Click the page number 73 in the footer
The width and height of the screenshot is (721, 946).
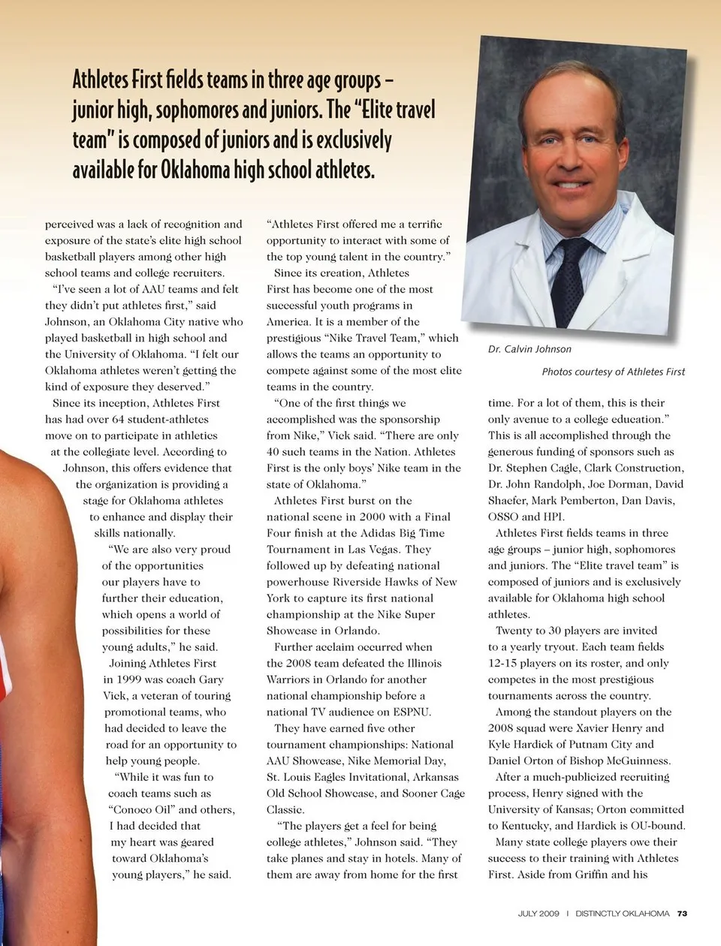click(682, 914)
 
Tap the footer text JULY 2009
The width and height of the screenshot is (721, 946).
click(538, 914)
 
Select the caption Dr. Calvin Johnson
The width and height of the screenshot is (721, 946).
click(529, 349)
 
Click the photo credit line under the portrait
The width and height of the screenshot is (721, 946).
click(613, 372)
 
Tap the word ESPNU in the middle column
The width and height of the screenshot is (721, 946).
click(410, 712)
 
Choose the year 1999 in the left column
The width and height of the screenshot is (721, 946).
click(119, 679)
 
